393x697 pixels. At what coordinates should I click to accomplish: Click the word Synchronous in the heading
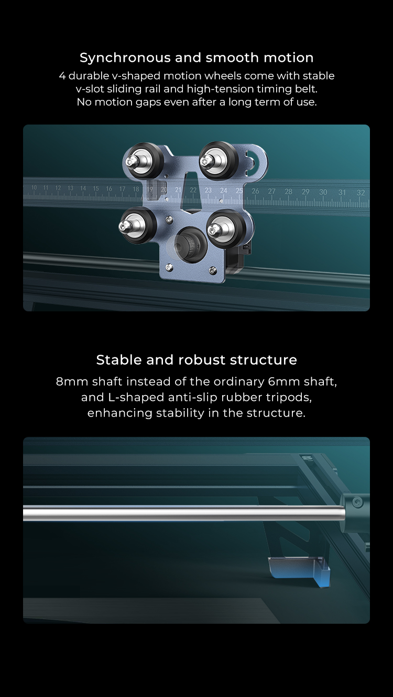pos(125,58)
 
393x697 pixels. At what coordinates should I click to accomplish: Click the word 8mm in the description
pos(72,381)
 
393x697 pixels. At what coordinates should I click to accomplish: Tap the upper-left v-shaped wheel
pos(143,161)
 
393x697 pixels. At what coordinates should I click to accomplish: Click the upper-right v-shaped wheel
pos(219,160)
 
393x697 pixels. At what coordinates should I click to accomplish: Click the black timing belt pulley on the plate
pos(187,244)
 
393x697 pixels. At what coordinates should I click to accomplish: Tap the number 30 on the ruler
pos(323,192)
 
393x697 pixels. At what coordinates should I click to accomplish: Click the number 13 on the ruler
pos(70,188)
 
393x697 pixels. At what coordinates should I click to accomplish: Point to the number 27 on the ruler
pos(271,191)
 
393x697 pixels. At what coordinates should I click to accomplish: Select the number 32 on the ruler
pos(361,193)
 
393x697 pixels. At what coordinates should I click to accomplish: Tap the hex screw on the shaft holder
pos(357,502)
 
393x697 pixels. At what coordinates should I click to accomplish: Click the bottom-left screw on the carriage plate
pos(169,267)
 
